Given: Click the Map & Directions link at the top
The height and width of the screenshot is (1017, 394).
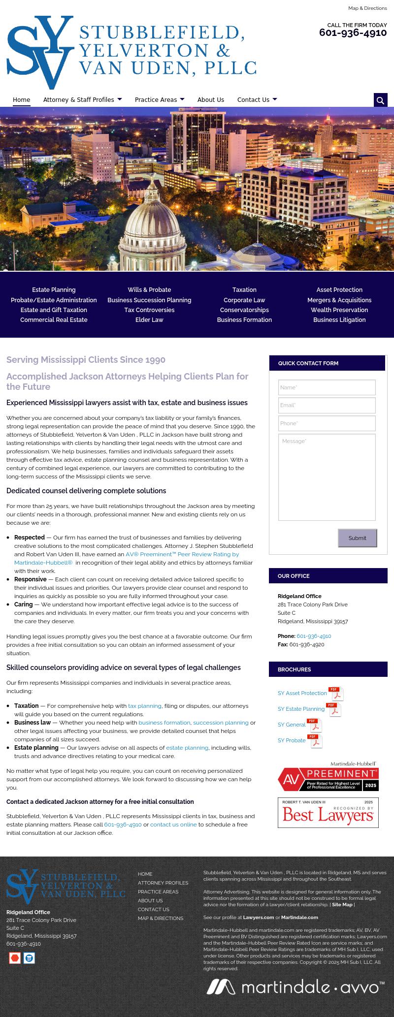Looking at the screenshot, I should click(x=367, y=8).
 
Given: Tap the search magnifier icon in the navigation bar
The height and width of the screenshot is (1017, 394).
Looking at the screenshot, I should click(x=380, y=100).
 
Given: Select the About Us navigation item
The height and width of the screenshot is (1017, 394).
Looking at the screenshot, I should click(x=210, y=100).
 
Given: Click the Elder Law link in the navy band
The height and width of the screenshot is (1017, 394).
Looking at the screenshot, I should click(x=149, y=320).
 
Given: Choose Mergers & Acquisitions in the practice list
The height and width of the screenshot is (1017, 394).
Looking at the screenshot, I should click(x=339, y=300).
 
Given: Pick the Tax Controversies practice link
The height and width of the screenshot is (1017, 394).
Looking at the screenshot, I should click(x=149, y=310).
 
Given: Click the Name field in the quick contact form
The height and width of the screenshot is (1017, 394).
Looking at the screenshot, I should click(x=327, y=387).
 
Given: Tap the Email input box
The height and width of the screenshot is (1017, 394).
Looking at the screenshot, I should click(x=327, y=406).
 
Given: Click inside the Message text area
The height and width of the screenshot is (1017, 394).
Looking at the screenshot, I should click(x=327, y=477).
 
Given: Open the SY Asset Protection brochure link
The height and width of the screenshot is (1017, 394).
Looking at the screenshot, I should click(x=302, y=693).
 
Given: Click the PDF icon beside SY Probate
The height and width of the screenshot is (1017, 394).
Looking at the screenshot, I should click(x=315, y=741).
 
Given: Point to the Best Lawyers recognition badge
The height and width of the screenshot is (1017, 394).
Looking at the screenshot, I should click(x=328, y=813).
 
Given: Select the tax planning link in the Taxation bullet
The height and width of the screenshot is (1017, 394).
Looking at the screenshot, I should click(x=145, y=706).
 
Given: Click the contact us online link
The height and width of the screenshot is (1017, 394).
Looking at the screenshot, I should click(x=173, y=825).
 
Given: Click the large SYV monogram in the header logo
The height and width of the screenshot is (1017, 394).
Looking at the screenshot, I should click(x=40, y=52).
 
